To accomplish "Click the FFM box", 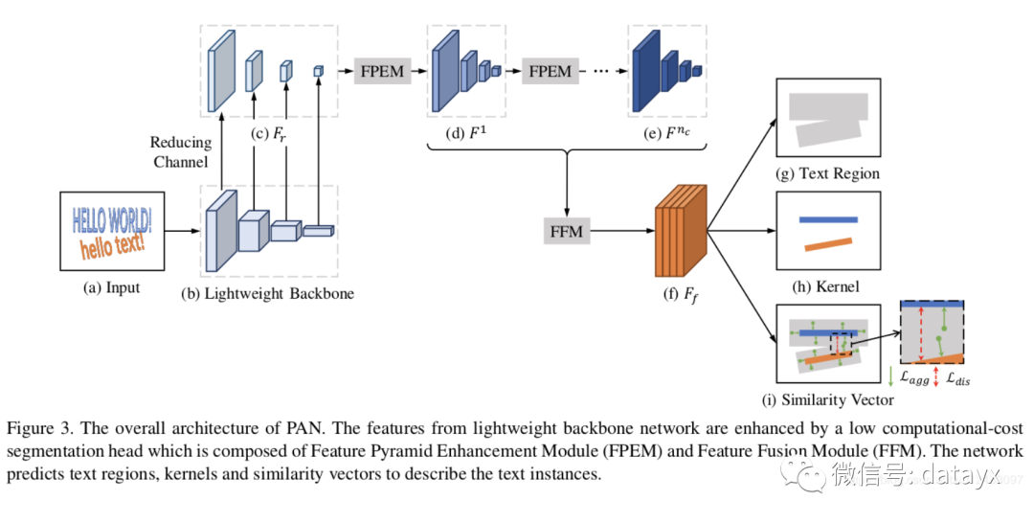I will point(567,231).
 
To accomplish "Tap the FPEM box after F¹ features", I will point(551,71).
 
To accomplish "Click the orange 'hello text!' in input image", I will point(113,246).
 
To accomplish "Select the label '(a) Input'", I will point(111,286).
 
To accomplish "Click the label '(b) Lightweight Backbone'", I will point(267,293).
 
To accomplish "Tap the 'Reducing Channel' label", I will point(180,152).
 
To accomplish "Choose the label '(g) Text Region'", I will point(828,173).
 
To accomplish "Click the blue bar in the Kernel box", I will point(828,219).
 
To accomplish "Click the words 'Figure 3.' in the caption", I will point(43,426).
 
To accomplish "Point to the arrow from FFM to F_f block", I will point(621,231).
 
